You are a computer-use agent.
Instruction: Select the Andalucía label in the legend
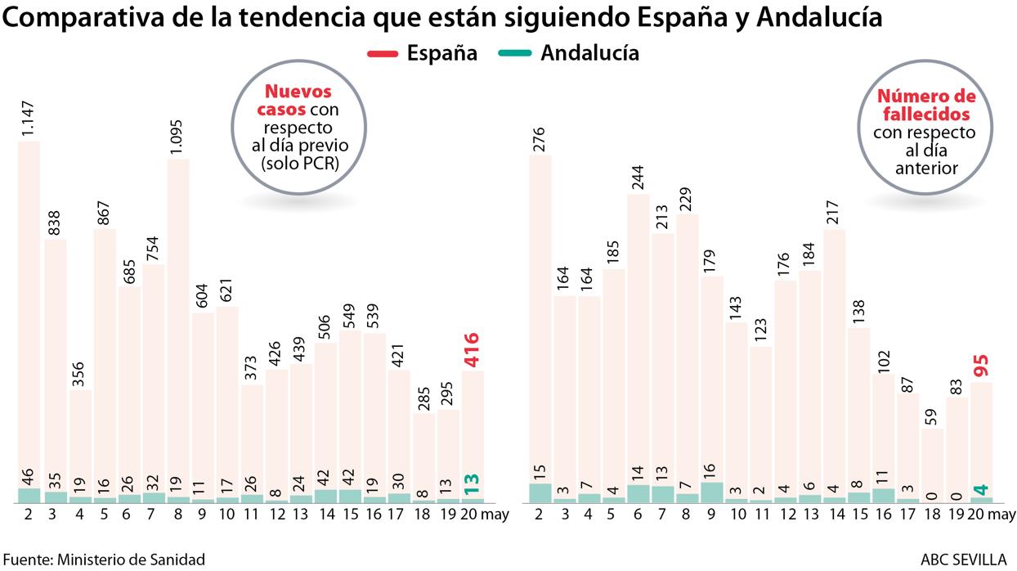[589, 53]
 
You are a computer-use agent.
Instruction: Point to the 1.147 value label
[29, 115]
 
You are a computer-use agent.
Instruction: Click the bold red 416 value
[472, 349]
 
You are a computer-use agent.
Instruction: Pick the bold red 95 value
[982, 365]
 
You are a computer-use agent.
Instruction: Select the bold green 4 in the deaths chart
[981, 489]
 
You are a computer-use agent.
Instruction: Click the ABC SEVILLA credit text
[963, 560]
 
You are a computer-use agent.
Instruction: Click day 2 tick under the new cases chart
[28, 514]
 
